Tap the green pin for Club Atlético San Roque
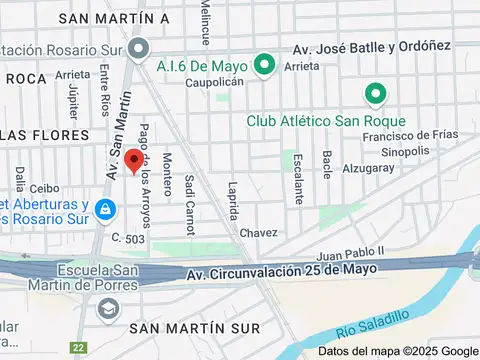[x=376, y=96]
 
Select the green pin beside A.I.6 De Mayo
[x=264, y=66]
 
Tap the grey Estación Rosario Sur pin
[x=138, y=48]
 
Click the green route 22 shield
[x=79, y=348]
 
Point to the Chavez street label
[x=258, y=233]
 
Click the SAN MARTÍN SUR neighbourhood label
[x=195, y=328]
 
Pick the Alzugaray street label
[x=367, y=168]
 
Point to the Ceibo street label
[x=45, y=187]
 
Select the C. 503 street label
[x=128, y=238]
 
